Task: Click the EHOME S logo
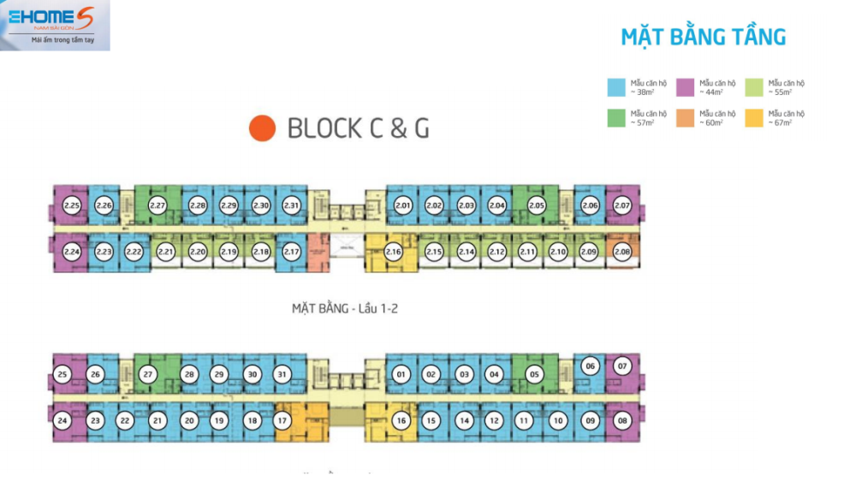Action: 55,25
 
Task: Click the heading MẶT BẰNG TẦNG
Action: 703,38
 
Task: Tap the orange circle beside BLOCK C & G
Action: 262,128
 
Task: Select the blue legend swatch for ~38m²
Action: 615,87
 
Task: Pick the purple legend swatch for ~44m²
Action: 684,87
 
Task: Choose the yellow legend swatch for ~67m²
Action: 753,118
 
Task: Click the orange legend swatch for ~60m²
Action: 684,118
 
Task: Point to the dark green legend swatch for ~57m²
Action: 615,118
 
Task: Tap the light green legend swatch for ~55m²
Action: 753,87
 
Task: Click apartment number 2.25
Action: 72,205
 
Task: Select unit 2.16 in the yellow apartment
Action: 394,252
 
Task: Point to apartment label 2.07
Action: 622,205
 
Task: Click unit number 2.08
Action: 622,252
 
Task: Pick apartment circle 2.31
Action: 292,205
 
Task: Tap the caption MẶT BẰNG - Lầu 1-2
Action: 345,308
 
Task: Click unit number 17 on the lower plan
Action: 282,420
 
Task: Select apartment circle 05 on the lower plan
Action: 535,374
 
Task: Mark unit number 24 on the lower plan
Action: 62,420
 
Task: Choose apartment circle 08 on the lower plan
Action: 622,420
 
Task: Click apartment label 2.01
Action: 403,205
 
